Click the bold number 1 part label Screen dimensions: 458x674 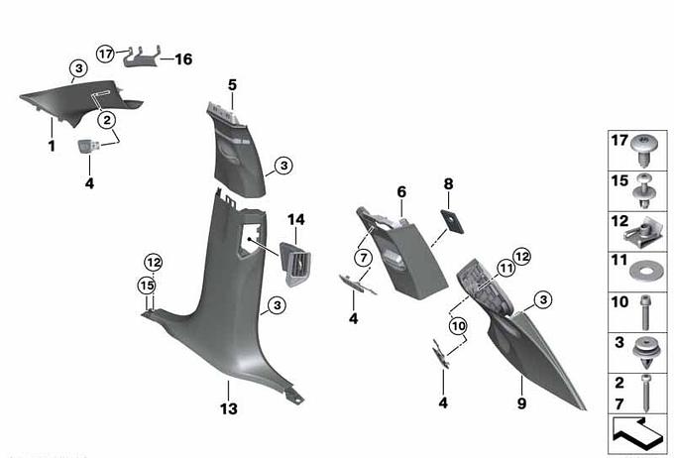pyautogui.click(x=50, y=146)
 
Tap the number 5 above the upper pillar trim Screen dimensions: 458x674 pyautogui.click(x=232, y=85)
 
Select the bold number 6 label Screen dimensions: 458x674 pyautogui.click(x=401, y=191)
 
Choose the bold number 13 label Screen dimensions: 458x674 pyautogui.click(x=228, y=408)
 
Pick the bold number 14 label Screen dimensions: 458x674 pyautogui.click(x=293, y=219)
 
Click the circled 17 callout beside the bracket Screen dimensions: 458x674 pyautogui.click(x=106, y=52)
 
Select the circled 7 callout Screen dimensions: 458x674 pyautogui.click(x=364, y=259)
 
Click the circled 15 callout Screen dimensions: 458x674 pyautogui.click(x=148, y=286)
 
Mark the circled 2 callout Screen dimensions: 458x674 pyautogui.click(x=106, y=120)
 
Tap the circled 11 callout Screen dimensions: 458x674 pyautogui.click(x=505, y=268)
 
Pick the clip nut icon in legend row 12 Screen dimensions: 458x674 pyautogui.click(x=643, y=233)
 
